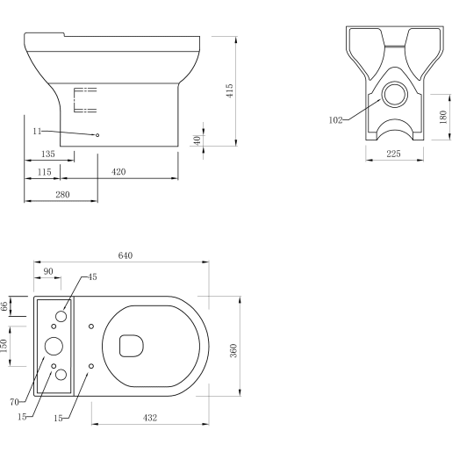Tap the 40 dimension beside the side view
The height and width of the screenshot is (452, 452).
197,140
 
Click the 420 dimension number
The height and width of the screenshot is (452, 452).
118,171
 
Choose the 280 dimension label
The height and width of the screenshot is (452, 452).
62,194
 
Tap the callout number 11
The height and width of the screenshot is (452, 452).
37,131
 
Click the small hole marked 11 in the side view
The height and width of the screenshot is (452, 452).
97,135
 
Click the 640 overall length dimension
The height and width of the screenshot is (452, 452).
125,255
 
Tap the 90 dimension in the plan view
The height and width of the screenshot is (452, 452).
47,271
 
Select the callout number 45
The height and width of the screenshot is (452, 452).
92,276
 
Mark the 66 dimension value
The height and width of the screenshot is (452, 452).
4,305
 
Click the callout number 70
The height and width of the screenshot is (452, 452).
15,403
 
